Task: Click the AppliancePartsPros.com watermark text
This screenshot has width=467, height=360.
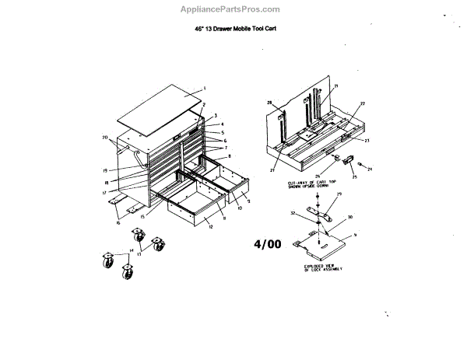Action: [234, 9]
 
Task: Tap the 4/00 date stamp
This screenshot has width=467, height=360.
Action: [267, 243]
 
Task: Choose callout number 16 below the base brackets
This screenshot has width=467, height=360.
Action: [118, 223]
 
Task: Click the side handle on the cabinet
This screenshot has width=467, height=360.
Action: [143, 159]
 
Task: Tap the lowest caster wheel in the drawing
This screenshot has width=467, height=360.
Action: [125, 271]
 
